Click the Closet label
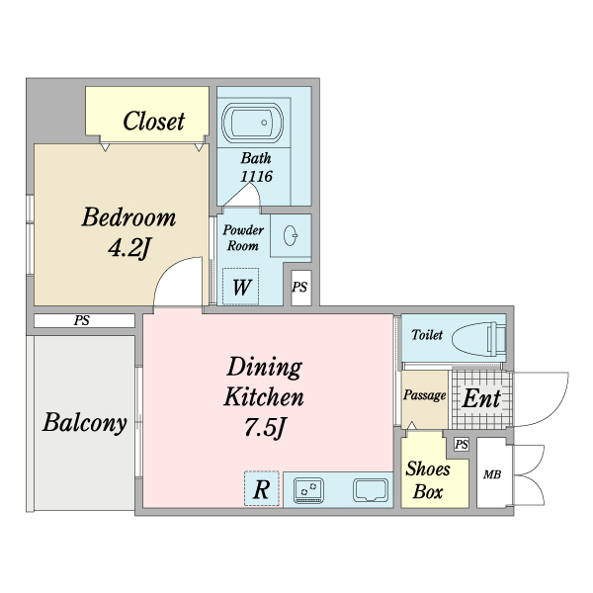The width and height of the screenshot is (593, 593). [154, 121]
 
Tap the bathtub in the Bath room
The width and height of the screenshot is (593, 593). [252, 123]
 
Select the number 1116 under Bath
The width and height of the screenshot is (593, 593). [256, 176]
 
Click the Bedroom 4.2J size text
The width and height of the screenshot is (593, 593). [129, 248]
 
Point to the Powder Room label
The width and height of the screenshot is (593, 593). [243, 237]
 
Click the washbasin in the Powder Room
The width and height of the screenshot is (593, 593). [291, 235]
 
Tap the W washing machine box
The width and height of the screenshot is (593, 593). [241, 287]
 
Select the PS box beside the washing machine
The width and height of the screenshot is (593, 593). [301, 288]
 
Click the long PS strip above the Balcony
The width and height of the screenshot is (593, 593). [84, 320]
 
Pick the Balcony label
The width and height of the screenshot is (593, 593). [84, 422]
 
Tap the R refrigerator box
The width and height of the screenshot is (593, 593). [262, 488]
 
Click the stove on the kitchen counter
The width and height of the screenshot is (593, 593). [309, 490]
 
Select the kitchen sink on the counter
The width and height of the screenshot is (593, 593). [371, 490]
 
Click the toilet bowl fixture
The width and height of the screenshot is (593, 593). [478, 339]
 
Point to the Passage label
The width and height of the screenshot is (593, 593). [424, 395]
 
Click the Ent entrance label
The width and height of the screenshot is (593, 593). [482, 398]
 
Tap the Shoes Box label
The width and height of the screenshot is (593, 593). [428, 480]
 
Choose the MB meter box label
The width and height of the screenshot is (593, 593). [492, 474]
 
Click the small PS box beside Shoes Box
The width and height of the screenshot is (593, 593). [462, 445]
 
